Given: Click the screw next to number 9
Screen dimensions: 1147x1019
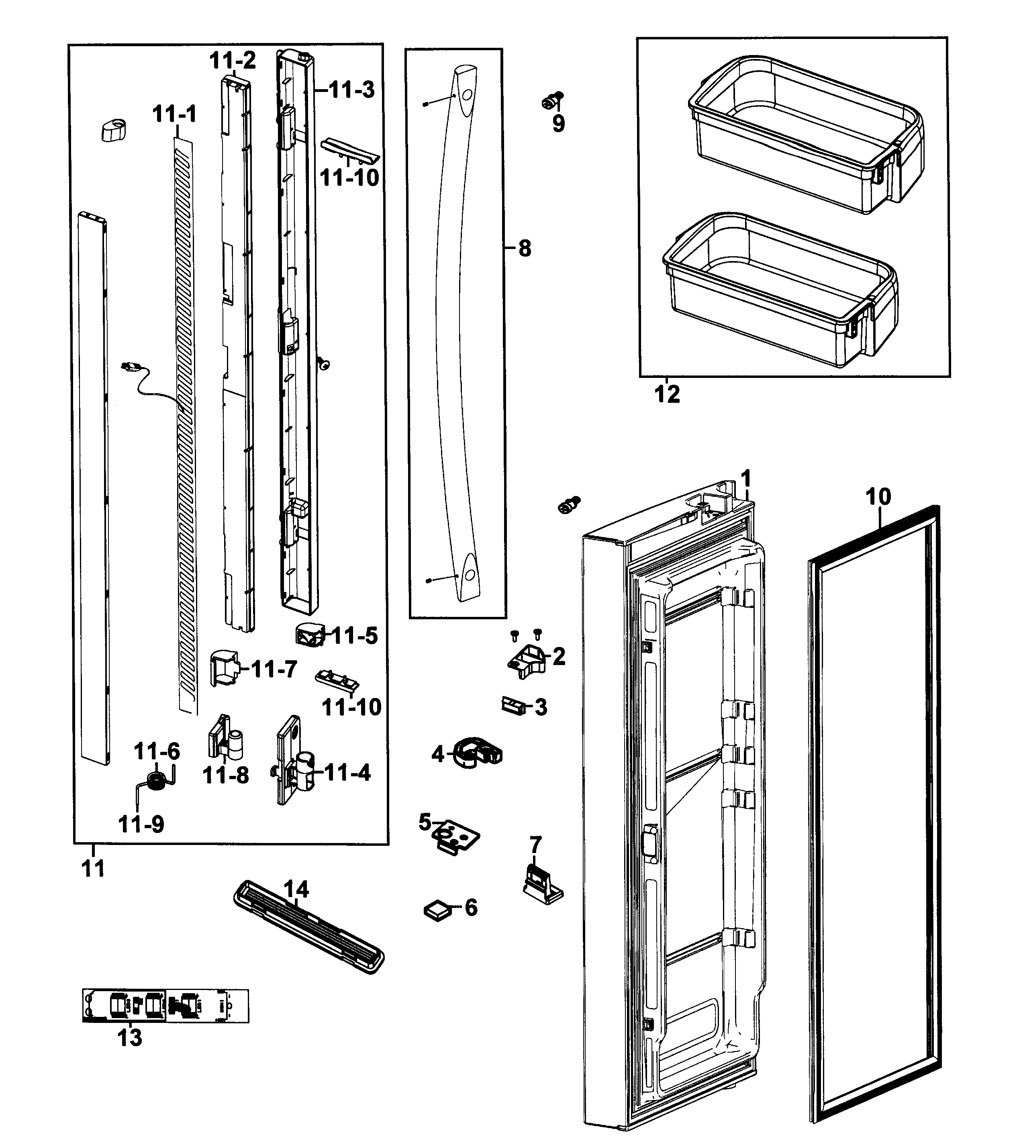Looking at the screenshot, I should [x=552, y=101].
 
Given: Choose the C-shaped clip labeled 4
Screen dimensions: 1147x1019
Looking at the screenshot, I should [x=477, y=753].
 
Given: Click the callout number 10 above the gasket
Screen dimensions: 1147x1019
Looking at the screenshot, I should [x=878, y=497].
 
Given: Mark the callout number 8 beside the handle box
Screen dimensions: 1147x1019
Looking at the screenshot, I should [x=525, y=248].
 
